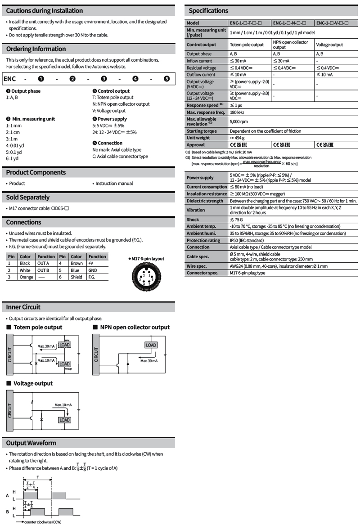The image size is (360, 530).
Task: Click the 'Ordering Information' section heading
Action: tap(36, 49)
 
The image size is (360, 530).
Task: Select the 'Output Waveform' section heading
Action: tap(31, 443)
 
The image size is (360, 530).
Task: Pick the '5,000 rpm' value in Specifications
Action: tap(239, 121)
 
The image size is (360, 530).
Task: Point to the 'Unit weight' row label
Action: tap(198, 138)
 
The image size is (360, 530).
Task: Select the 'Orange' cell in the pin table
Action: tap(26, 277)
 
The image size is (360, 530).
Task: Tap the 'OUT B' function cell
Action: tap(43, 270)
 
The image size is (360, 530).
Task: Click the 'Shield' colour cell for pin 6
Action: tap(76, 277)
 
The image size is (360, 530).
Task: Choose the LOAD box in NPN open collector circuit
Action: tap(151, 345)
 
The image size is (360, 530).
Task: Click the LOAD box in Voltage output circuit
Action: tap(64, 420)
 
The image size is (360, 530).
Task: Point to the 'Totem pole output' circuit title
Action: tap(38, 327)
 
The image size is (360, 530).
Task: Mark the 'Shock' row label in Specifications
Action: tap(193, 220)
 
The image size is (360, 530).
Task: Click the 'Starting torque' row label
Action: tap(201, 131)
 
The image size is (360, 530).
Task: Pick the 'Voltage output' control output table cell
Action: tap(329, 45)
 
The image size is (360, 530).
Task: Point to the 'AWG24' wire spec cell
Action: tap(278, 266)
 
